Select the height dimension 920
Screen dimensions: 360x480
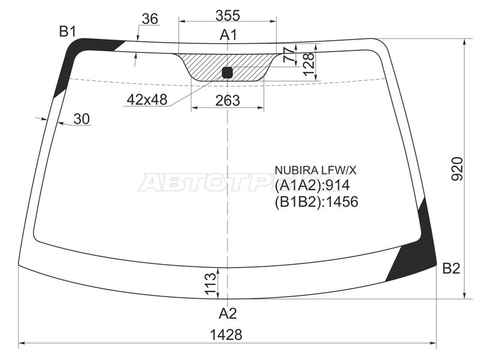457,169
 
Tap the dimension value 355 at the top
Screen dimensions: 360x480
227,15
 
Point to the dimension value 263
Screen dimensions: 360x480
227,100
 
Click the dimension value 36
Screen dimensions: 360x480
149,19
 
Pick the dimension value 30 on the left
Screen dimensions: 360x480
82,119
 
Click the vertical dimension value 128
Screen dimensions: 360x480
308,64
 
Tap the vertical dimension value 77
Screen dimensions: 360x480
290,55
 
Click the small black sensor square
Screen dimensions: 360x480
227,73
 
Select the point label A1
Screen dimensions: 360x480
228,35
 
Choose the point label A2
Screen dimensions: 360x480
227,313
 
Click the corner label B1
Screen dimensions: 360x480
67,32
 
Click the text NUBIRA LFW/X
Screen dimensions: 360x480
311,170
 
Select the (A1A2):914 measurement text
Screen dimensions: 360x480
312,185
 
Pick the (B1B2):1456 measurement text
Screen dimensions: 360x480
316,202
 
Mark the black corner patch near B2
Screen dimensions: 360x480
417,252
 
